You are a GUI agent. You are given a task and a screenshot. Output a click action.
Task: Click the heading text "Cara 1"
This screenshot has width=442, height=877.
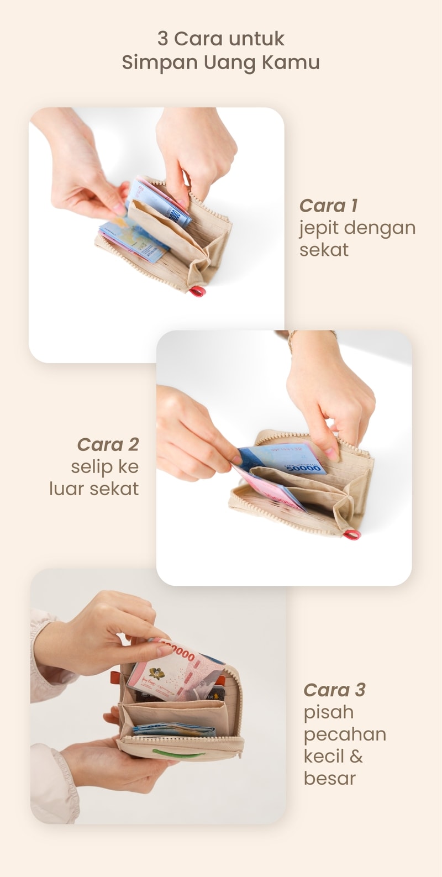point(329,206)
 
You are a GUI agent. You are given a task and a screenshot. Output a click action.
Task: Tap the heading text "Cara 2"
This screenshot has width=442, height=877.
point(108,444)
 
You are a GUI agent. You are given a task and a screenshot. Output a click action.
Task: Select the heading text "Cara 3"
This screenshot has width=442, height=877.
point(334,690)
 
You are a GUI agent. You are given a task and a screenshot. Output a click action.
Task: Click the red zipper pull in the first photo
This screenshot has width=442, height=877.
point(197,291)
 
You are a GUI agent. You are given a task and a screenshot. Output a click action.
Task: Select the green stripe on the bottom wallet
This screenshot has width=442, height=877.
point(177,753)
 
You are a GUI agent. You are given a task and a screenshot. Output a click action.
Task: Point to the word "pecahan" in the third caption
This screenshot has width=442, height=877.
point(345,735)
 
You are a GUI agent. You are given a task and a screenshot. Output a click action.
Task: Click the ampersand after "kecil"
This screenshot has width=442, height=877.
point(356,756)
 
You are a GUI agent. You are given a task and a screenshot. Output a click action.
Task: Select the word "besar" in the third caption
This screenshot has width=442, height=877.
point(330,778)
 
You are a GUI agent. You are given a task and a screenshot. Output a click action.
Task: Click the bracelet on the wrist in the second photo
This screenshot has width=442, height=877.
point(291,339)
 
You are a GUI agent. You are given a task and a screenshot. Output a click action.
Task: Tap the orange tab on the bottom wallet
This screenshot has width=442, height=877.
point(115,677)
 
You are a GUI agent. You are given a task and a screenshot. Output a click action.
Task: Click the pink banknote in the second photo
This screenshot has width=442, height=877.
point(270,490)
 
